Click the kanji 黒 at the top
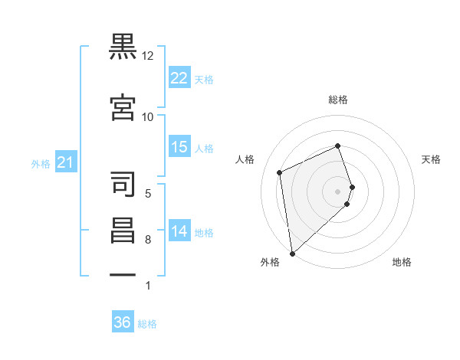[x=123, y=47]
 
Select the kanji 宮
[x=123, y=107]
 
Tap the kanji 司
[x=123, y=184]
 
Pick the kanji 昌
[x=123, y=231]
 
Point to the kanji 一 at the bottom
[x=123, y=275]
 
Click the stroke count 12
[x=147, y=56]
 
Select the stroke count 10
[x=147, y=117]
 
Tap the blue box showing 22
[x=179, y=77]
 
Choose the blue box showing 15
[x=179, y=146]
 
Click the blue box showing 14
[x=179, y=230]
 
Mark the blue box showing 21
[x=66, y=162]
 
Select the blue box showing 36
[x=123, y=321]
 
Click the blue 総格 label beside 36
[x=147, y=324]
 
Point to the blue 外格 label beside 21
[x=41, y=164]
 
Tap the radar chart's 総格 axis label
[x=338, y=100]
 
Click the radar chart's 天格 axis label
[x=431, y=159]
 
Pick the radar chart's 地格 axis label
[x=402, y=262]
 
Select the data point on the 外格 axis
[x=293, y=254]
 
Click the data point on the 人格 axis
[x=280, y=172]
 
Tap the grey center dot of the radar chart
[x=337, y=191]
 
